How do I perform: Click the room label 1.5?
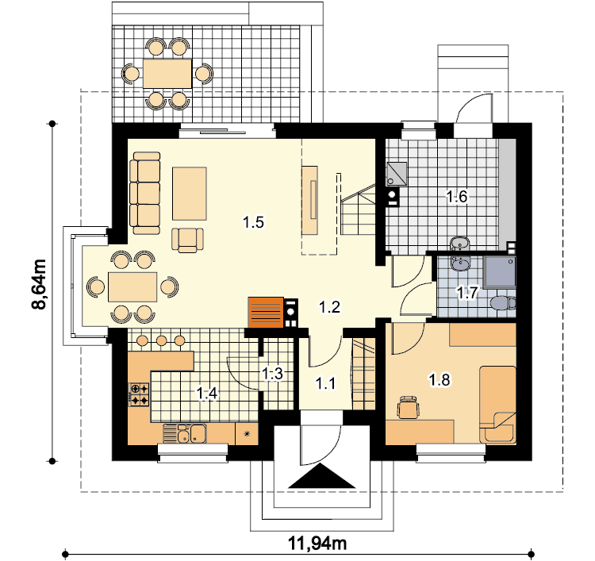[x=254, y=222]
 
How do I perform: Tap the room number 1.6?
[x=456, y=197]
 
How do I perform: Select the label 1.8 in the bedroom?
[x=440, y=379]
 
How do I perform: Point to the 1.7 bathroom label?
[x=466, y=293]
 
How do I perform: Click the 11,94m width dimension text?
[x=317, y=544]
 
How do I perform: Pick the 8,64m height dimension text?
[x=39, y=284]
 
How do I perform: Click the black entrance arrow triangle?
[x=322, y=475]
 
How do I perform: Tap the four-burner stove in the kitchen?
[x=140, y=394]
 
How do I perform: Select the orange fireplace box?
[x=266, y=313]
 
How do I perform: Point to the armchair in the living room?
[x=187, y=240]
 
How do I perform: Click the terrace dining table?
[x=167, y=73]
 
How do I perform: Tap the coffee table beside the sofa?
[x=190, y=194]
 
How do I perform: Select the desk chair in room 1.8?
[x=408, y=407]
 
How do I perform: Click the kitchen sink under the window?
[x=185, y=433]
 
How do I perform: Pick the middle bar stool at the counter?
[x=162, y=340]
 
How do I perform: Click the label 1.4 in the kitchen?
[x=207, y=394]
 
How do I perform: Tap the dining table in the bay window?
[x=132, y=287]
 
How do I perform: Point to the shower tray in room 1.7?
[x=500, y=271]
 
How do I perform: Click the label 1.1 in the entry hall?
[x=325, y=384]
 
